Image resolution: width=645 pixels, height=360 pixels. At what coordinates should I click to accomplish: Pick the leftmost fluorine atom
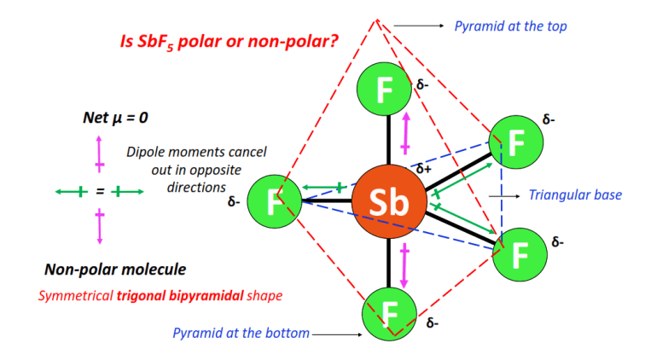click(274, 202)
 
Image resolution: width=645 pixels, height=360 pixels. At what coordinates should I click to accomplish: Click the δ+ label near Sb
click(424, 170)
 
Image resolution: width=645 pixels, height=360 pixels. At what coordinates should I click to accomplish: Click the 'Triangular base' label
click(575, 195)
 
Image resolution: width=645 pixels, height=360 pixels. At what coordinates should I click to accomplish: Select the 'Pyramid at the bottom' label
click(241, 333)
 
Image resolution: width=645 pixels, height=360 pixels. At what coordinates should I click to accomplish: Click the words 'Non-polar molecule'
click(115, 270)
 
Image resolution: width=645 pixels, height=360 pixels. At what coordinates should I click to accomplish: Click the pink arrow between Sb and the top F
click(406, 130)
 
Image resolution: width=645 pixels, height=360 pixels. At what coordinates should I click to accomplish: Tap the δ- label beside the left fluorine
click(233, 203)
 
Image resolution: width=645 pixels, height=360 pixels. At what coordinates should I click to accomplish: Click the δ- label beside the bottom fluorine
click(433, 323)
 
